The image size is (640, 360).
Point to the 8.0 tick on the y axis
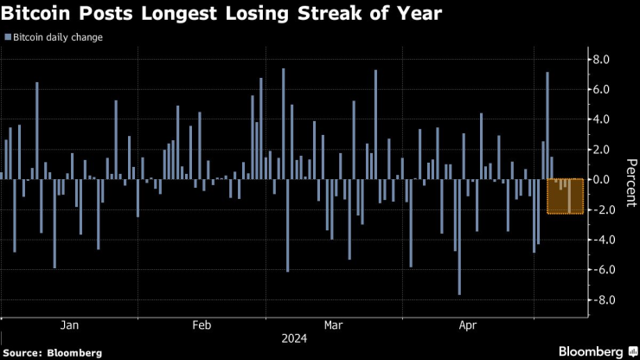(x=602, y=59)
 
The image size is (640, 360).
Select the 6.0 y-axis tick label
(x=602, y=89)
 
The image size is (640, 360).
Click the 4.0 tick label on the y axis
(x=602, y=119)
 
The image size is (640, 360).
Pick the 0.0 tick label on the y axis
(x=602, y=179)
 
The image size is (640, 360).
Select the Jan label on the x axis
(x=70, y=325)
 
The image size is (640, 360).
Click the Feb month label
(x=202, y=325)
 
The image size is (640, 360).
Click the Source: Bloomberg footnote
(x=52, y=352)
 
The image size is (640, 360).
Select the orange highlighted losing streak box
(x=566, y=195)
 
